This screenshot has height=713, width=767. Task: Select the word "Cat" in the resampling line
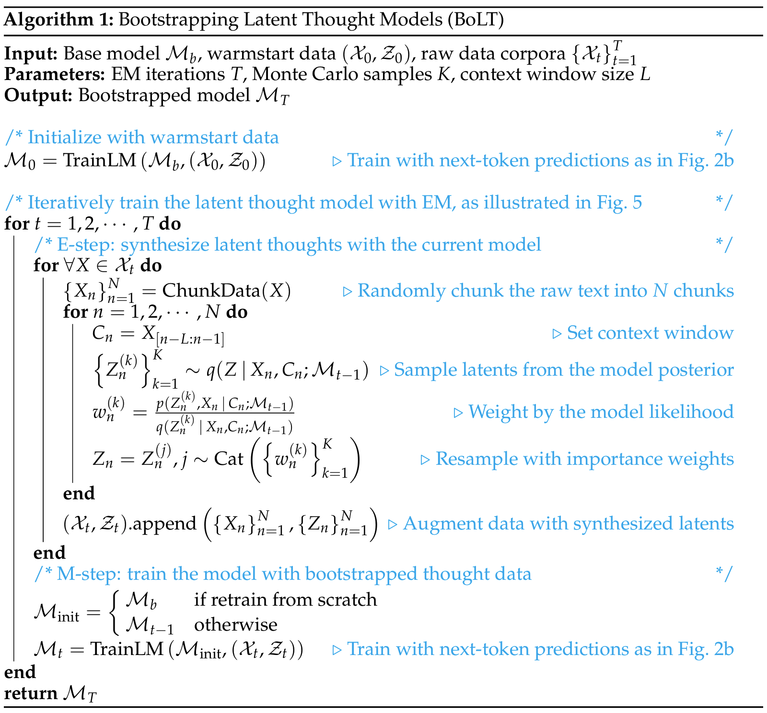[x=229, y=459]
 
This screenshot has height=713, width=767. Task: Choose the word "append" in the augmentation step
[x=163, y=523]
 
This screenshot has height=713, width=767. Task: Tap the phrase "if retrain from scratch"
[x=285, y=599]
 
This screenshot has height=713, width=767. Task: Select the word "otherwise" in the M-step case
[x=235, y=624]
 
